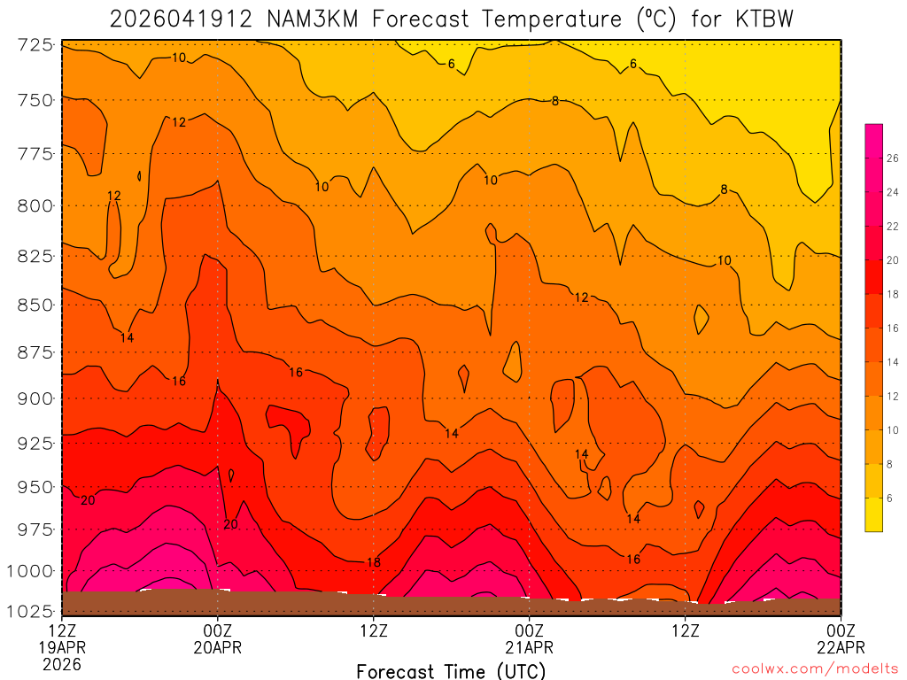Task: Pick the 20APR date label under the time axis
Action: point(218,647)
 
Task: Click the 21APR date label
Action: point(529,647)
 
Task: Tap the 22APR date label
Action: point(841,647)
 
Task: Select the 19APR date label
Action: point(62,647)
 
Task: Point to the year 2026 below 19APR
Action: point(62,664)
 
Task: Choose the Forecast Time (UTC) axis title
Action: point(451,670)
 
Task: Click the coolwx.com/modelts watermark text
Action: point(815,669)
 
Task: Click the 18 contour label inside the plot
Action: point(373,562)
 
